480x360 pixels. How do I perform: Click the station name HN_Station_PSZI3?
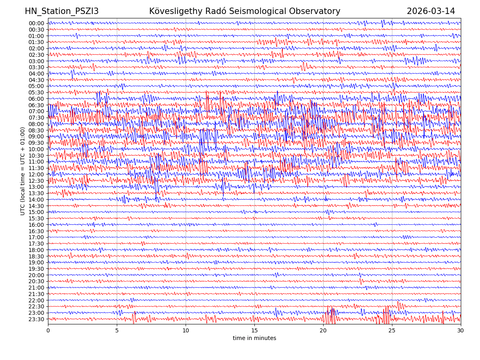coord(62,12)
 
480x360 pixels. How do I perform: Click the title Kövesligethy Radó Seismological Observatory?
coord(244,12)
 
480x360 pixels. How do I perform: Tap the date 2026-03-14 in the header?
coord(431,12)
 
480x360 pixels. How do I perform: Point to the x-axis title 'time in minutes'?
coord(254,338)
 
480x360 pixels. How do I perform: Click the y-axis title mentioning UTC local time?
coord(23,171)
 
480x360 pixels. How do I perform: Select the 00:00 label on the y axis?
coord(36,23)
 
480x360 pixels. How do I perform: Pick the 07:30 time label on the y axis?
coord(36,118)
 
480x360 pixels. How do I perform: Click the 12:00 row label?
coord(36,174)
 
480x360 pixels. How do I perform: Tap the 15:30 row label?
coord(36,218)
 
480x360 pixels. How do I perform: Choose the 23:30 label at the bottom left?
coord(36,319)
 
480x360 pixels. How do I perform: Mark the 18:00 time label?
coord(36,250)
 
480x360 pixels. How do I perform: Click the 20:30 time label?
coord(36,282)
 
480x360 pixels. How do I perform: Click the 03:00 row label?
coord(36,61)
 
